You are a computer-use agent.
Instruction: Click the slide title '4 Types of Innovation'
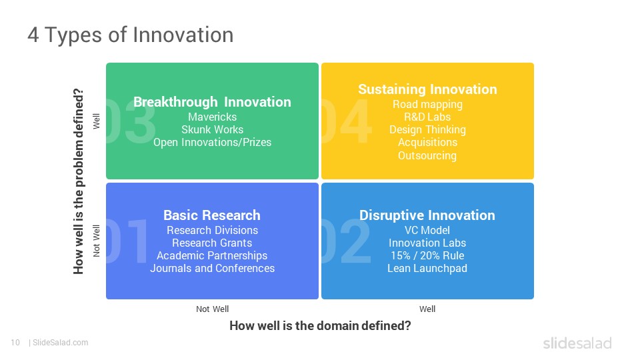point(131,35)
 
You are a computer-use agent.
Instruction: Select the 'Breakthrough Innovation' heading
point(212,102)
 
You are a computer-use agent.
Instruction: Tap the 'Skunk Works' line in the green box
point(212,129)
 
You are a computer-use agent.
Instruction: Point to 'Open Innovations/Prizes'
point(212,143)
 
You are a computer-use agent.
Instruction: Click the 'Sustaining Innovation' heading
point(427,89)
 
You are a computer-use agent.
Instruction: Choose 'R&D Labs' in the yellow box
point(427,117)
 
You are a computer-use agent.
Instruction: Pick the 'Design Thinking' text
point(427,130)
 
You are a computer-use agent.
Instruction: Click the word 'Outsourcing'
point(427,155)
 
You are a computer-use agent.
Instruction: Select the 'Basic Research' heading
point(212,215)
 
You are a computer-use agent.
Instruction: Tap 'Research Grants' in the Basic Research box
point(212,243)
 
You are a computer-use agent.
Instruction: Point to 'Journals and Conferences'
point(212,268)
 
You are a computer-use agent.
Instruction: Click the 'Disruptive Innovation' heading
point(427,215)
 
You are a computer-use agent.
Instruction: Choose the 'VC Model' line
point(427,230)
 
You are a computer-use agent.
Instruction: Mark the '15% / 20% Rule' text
point(427,255)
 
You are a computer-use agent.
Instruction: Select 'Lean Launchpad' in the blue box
point(427,269)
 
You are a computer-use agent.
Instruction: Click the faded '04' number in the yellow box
point(347,121)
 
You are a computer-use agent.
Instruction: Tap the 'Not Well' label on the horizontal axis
point(212,309)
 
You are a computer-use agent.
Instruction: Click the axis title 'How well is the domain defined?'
point(320,326)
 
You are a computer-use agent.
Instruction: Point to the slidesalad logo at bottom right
point(577,343)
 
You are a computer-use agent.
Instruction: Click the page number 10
point(15,343)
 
